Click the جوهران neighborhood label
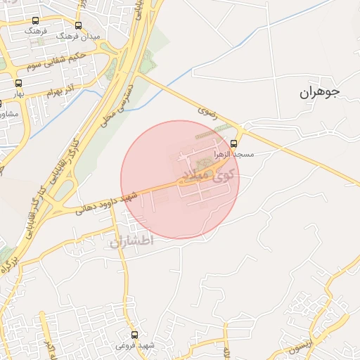pyautogui.click(x=319, y=92)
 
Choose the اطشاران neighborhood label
pyautogui.click(x=131, y=242)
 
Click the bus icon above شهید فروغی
pyautogui.click(x=135, y=335)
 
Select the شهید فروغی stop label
pyautogui.click(x=136, y=347)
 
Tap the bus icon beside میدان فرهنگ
pyautogui.click(x=77, y=25)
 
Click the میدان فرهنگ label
pyautogui.click(x=96, y=35)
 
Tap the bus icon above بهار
pyautogui.click(x=18, y=84)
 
